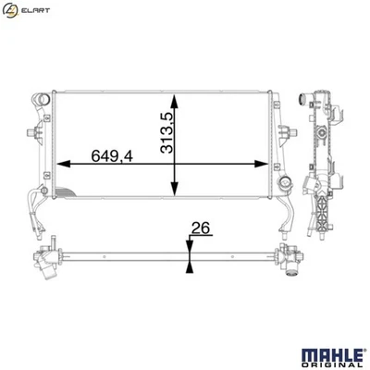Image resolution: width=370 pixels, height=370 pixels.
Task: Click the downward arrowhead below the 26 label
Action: [189, 242]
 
